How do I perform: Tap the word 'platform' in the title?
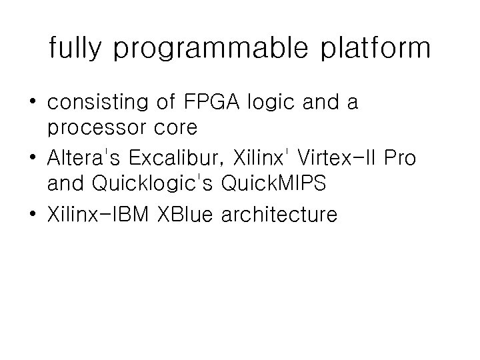pyautogui.click(x=370, y=49)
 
